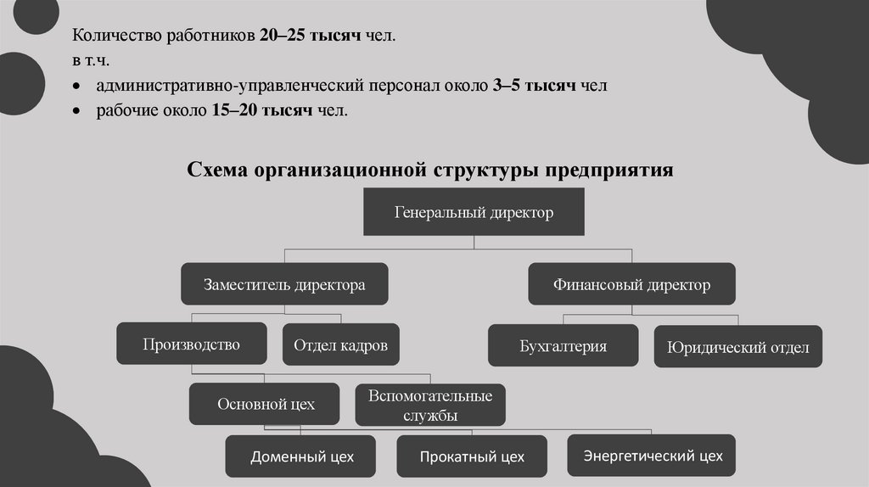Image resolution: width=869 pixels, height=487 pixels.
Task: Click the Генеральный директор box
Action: pyautogui.click(x=474, y=213)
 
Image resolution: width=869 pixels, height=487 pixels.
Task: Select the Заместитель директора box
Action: pyautogui.click(x=284, y=284)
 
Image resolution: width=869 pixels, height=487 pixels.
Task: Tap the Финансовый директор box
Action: pyautogui.click(x=631, y=284)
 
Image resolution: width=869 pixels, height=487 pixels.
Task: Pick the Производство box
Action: pyautogui.click(x=191, y=344)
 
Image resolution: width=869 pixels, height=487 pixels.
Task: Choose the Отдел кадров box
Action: pyautogui.click(x=340, y=345)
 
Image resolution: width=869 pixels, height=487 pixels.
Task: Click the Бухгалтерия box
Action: pyautogui.click(x=563, y=346)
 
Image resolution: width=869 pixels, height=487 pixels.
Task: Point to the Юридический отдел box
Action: pyautogui.click(x=737, y=347)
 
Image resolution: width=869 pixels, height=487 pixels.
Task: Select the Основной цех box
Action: pyautogui.click(x=265, y=404)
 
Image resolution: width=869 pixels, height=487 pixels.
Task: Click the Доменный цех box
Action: pyautogui.click(x=301, y=456)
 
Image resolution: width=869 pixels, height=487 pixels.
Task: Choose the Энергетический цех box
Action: pyautogui.click(x=653, y=456)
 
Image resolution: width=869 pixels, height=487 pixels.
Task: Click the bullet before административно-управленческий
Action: pyautogui.click(x=77, y=87)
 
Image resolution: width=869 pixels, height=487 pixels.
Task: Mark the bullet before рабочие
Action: pyautogui.click(x=77, y=112)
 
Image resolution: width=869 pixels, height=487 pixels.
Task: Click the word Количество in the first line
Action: pyautogui.click(x=110, y=37)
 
